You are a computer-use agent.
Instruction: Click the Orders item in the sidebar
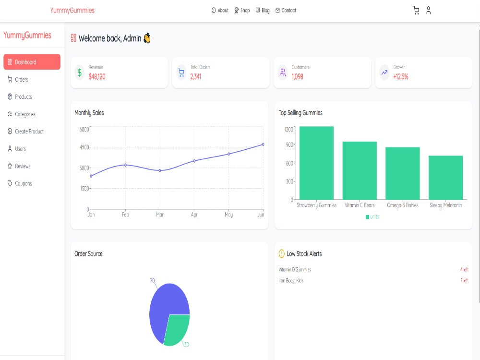click(x=18, y=80)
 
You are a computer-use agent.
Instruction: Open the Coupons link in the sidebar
click(x=20, y=184)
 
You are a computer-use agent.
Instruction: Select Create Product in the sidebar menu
click(x=25, y=132)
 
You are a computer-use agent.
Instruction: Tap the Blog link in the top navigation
click(x=263, y=11)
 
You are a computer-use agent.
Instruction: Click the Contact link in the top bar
click(x=286, y=11)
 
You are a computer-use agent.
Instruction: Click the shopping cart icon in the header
click(x=416, y=11)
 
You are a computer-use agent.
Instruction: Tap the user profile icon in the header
click(x=428, y=11)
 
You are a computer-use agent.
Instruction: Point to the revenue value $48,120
click(x=97, y=77)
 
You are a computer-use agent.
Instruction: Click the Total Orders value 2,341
click(x=196, y=77)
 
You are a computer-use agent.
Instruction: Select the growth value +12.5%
click(x=401, y=77)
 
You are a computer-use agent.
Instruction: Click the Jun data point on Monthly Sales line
click(x=263, y=144)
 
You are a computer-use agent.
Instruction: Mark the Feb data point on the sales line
click(x=125, y=165)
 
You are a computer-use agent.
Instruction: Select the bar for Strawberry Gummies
click(x=316, y=163)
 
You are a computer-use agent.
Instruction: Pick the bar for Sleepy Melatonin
click(x=445, y=178)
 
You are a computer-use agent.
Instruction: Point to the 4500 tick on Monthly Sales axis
click(x=84, y=147)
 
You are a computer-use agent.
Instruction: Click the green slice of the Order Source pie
click(x=176, y=329)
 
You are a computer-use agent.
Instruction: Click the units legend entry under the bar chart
click(x=372, y=217)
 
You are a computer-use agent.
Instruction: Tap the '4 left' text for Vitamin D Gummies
click(x=464, y=270)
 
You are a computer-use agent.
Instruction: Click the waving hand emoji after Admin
click(x=147, y=38)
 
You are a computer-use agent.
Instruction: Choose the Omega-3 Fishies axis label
click(x=403, y=205)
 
